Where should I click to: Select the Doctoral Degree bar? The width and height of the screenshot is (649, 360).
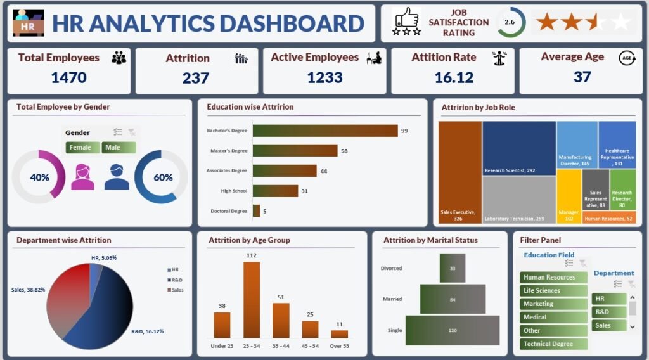pyautogui.click(x=256, y=211)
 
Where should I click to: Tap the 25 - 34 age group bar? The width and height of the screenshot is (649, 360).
pyautogui.click(x=252, y=300)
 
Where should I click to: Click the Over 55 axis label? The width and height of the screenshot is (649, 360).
pyautogui.click(x=340, y=347)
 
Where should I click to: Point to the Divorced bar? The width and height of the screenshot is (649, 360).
pyautogui.click(x=453, y=268)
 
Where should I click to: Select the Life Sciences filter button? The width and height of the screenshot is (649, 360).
pyautogui.click(x=553, y=290)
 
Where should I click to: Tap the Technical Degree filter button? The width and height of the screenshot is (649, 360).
pyautogui.click(x=553, y=344)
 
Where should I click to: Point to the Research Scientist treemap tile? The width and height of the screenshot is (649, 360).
pyautogui.click(x=518, y=148)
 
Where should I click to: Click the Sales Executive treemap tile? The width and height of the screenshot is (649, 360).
pyautogui.click(x=459, y=171)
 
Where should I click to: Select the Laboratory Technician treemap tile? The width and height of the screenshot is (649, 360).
pyautogui.click(x=518, y=200)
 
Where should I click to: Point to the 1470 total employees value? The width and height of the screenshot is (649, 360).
pyautogui.click(x=68, y=77)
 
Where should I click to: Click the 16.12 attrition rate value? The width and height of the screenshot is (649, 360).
pyautogui.click(x=454, y=77)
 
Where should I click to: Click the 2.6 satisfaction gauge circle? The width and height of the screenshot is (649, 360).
pyautogui.click(x=510, y=23)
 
